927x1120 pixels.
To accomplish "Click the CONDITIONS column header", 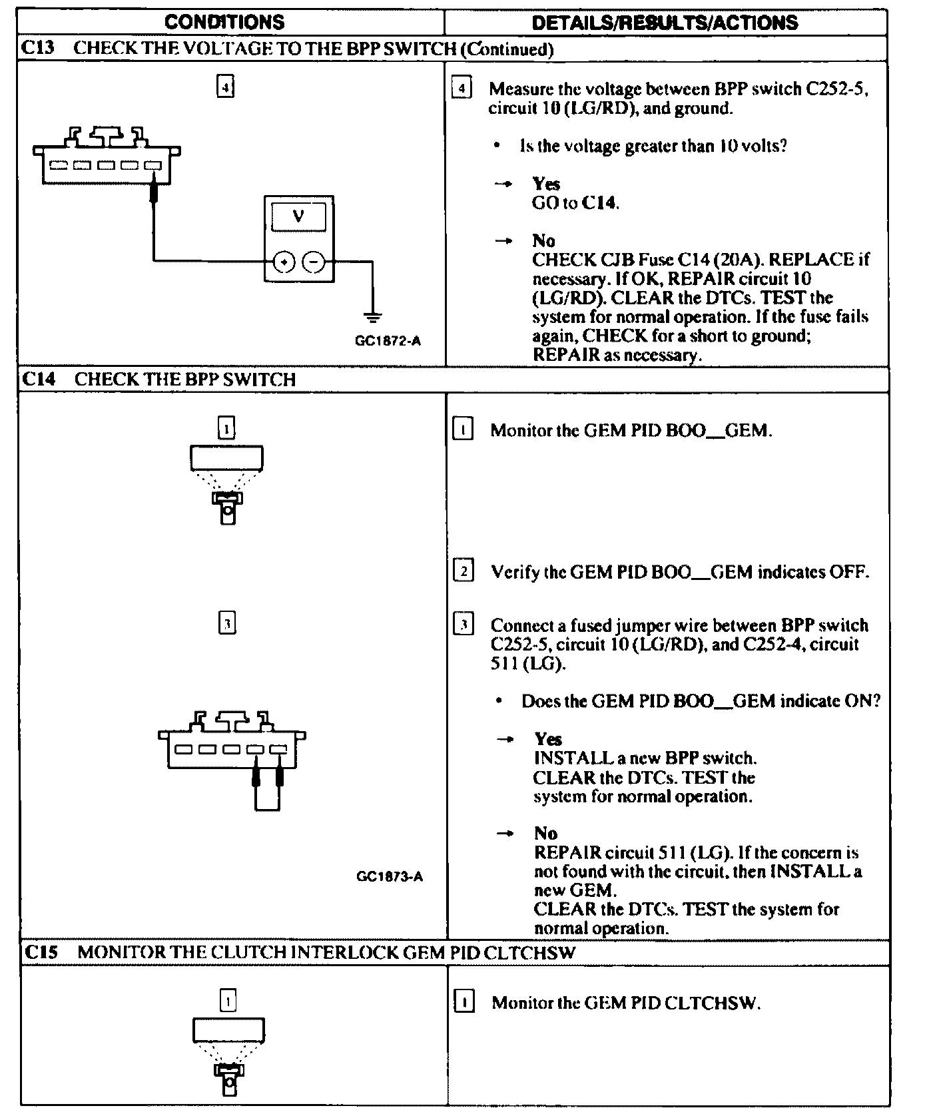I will click(x=224, y=23).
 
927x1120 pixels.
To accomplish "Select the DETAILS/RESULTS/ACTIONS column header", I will click(x=665, y=23).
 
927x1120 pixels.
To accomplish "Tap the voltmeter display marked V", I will click(x=299, y=217).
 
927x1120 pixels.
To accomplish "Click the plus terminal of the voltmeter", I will click(x=284, y=262).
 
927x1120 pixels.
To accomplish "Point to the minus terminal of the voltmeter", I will click(x=313, y=262).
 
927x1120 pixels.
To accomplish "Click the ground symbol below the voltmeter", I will click(x=373, y=316).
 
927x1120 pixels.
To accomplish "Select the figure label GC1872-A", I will click(x=388, y=341).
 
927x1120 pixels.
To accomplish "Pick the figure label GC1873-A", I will click(x=390, y=876).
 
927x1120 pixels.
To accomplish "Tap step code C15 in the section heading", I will click(x=41, y=952).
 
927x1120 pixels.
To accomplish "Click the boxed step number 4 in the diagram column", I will click(x=226, y=87).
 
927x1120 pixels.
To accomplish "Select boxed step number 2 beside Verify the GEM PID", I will click(x=463, y=571).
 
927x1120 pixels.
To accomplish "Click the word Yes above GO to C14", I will click(x=546, y=184).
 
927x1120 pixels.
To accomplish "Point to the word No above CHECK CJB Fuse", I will click(x=543, y=240).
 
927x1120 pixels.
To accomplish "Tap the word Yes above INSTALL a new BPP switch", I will click(x=548, y=739).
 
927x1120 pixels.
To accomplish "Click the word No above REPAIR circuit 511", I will click(x=545, y=833).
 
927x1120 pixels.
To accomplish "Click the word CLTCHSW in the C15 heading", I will click(x=530, y=952).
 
